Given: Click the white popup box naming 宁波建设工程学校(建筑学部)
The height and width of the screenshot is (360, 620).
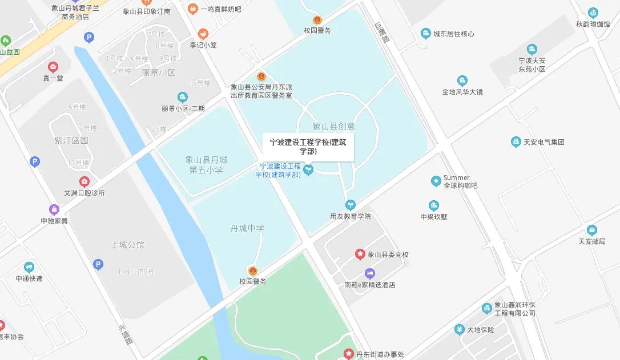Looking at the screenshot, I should (308, 147).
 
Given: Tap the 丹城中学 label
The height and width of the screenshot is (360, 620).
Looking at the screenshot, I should (247, 228).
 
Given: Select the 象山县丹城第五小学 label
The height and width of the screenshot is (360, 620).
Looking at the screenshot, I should (207, 165).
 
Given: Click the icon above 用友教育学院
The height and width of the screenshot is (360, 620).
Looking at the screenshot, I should (350, 205).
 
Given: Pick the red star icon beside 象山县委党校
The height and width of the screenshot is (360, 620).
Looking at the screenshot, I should (360, 254).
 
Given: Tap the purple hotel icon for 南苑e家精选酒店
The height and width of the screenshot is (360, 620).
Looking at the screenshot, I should (369, 273).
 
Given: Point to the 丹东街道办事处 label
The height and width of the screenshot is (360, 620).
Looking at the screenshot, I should (380, 354).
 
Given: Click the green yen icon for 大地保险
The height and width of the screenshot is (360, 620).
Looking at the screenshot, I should (459, 330).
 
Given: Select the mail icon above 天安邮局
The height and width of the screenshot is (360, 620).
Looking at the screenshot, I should (591, 230).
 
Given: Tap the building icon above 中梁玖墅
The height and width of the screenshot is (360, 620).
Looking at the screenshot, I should (434, 205).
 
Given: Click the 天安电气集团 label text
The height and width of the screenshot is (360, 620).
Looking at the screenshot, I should (543, 142).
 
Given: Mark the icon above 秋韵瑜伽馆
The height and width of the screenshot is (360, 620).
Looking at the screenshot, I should (593, 13).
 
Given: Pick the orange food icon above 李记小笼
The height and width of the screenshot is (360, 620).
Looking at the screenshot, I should (203, 34).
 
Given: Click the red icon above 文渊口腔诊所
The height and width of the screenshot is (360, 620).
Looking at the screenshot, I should (84, 181).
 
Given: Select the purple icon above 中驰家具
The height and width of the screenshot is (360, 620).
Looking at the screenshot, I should (54, 209).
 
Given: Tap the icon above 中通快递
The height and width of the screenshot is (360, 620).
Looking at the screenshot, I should (29, 267).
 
